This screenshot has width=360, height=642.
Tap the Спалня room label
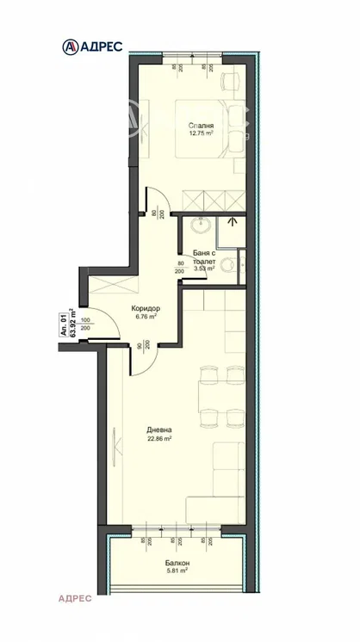coord(202,126)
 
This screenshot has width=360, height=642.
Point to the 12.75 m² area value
coord(202,134)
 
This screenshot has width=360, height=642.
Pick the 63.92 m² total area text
coord(73,324)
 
